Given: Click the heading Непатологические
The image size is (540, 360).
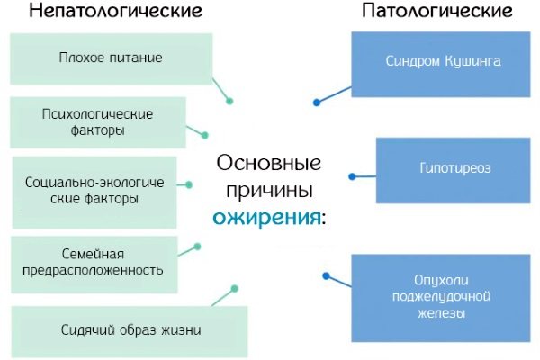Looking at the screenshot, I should (115, 12).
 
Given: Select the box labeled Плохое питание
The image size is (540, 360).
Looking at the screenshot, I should (111, 58).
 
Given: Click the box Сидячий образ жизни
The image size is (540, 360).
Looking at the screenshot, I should (131, 329).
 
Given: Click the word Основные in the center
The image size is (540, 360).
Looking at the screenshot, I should (269, 165).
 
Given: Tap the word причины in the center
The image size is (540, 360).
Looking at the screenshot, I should (269, 191).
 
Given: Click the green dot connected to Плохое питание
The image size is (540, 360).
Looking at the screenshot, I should (230, 101).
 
